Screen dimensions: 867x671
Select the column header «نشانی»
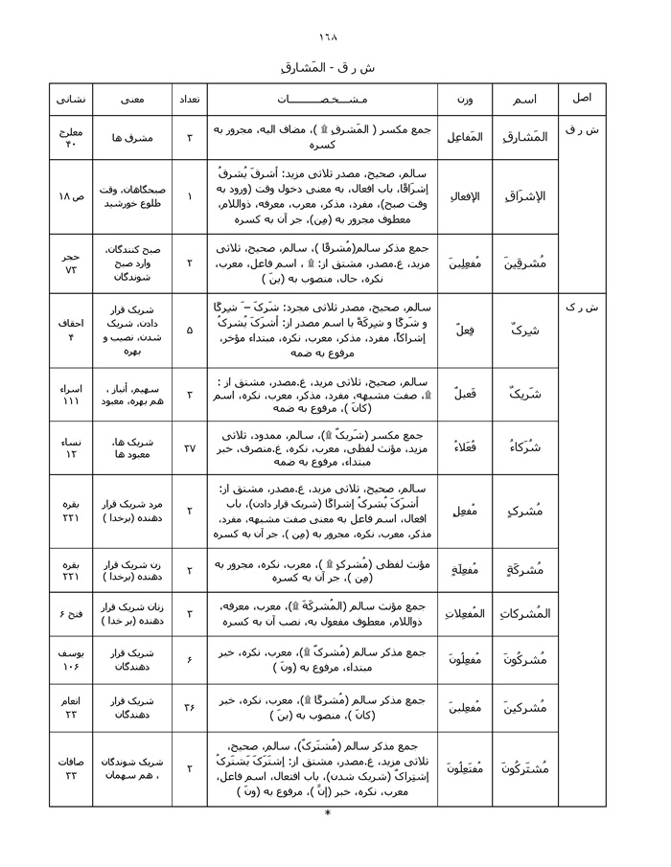74,99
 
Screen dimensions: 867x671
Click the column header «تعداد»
189,99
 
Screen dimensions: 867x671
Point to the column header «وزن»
465,99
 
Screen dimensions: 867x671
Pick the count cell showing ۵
189,331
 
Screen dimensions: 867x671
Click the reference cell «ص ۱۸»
74,196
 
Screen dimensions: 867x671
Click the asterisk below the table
328,814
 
